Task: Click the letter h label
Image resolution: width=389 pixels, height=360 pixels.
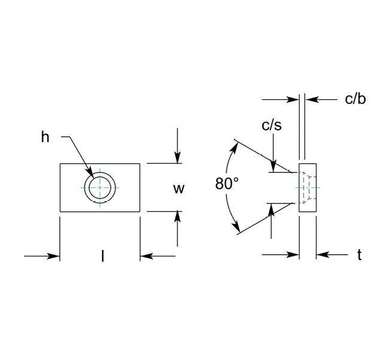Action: [45, 137]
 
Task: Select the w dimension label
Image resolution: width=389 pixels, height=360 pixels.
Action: [178, 189]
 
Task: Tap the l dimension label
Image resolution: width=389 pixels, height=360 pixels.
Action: [102, 257]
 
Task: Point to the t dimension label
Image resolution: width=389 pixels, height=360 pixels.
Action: [359, 255]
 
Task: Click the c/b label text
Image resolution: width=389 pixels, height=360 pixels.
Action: [355, 99]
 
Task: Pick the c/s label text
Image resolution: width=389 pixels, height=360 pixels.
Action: [272, 126]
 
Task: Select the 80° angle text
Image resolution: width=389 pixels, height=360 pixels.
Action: [227, 184]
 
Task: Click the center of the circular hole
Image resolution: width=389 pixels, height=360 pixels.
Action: [100, 187]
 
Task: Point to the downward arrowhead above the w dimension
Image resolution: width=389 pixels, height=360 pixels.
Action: [178, 158]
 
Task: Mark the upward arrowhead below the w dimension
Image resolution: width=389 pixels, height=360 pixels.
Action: [178, 217]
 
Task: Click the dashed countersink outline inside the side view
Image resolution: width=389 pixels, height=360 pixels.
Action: [306, 187]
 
